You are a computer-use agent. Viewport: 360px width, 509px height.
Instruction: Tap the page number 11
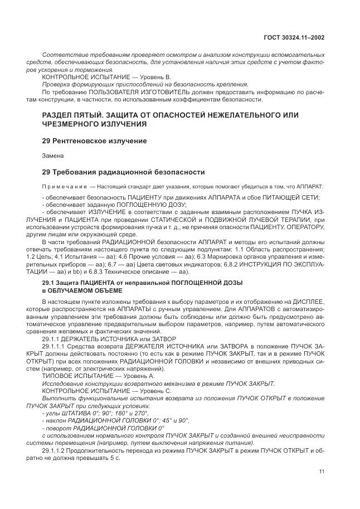(x=322, y=471)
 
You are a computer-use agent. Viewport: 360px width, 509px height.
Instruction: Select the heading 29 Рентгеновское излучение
(x=95, y=141)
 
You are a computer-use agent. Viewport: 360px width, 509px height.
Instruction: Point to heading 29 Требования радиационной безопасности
(x=123, y=172)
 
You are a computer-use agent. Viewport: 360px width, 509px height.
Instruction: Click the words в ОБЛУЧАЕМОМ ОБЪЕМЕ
(x=76, y=291)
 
